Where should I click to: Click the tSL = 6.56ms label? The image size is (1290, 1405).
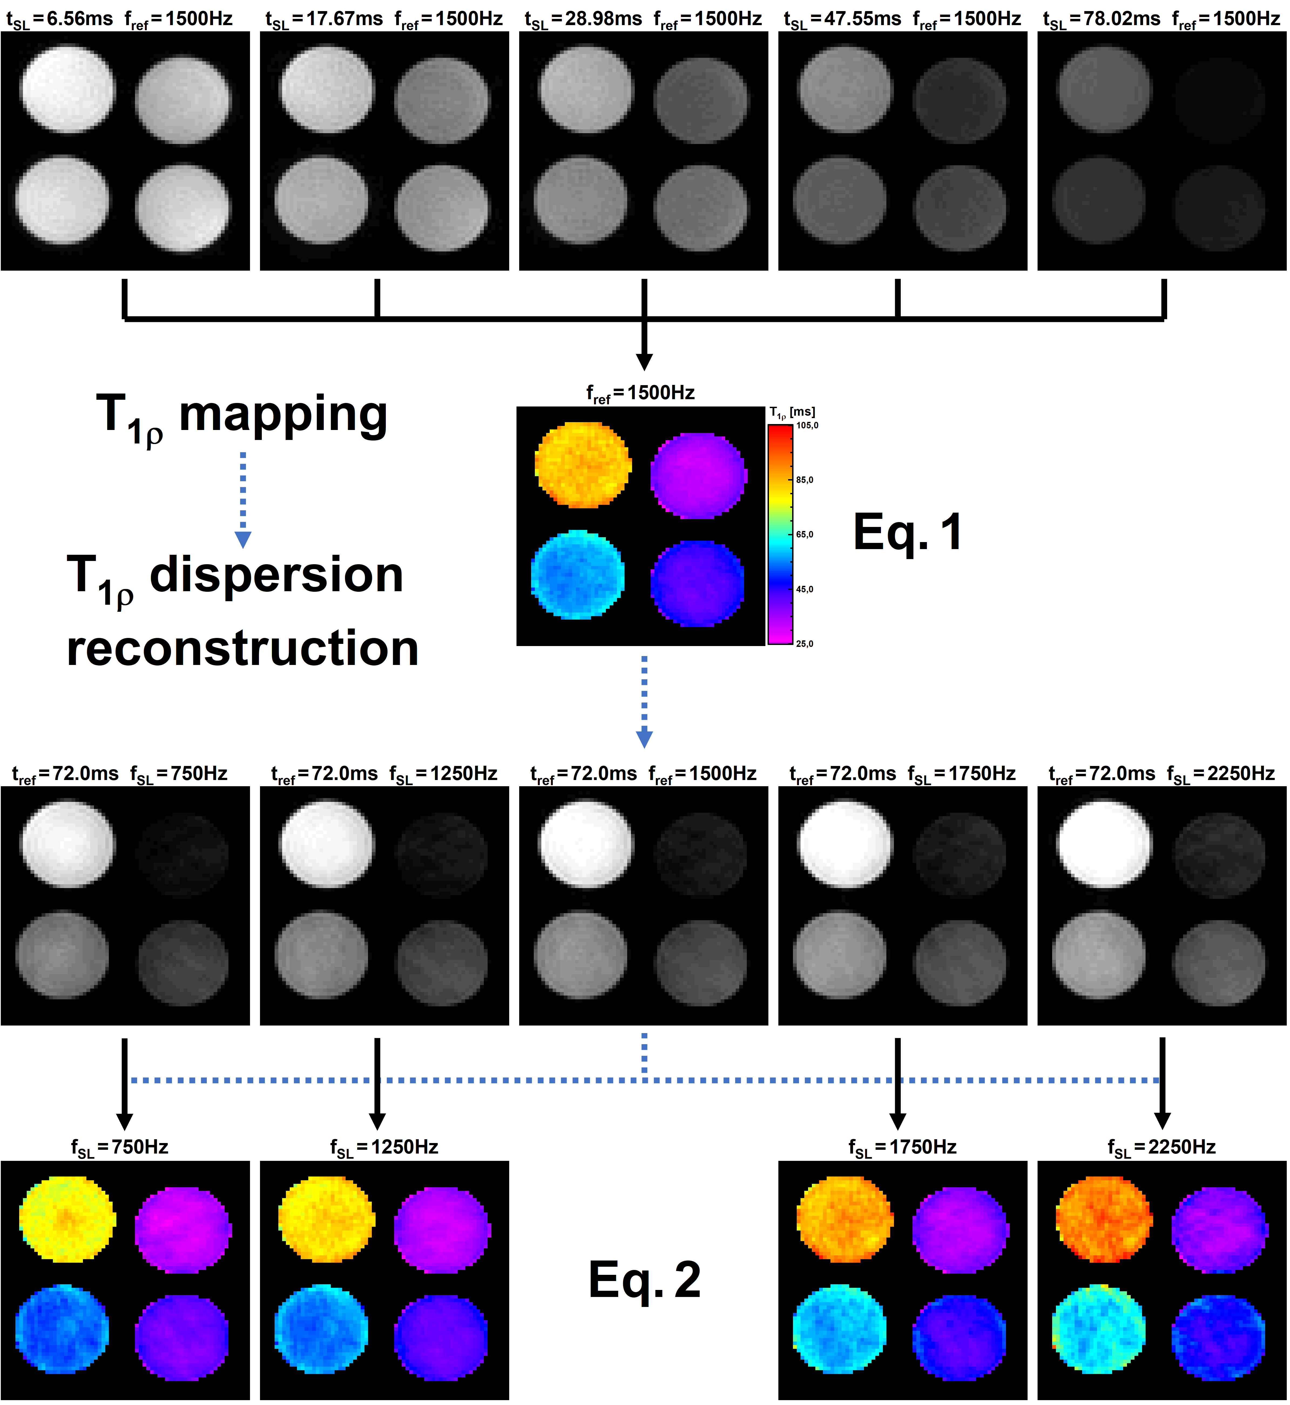(59, 19)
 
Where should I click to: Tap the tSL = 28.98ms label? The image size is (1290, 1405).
(583, 19)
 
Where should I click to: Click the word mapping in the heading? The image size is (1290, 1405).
(283, 414)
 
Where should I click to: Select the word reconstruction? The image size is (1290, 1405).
(242, 648)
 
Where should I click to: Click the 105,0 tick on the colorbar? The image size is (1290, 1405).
(807, 425)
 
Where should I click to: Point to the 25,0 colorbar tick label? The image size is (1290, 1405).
(804, 643)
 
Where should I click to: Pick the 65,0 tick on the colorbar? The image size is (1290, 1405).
(804, 534)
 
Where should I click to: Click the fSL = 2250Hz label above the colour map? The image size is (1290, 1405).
(1161, 1147)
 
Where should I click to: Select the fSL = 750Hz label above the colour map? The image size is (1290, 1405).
(119, 1147)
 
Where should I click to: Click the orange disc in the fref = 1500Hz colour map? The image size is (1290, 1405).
(582, 464)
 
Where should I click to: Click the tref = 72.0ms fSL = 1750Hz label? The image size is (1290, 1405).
(902, 774)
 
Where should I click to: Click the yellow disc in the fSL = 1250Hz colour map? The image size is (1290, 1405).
(326, 1219)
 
